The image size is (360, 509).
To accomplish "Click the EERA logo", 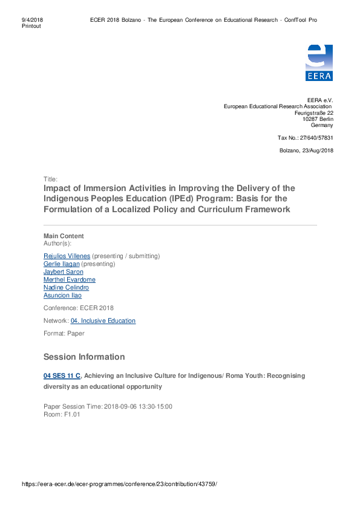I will tap(318, 62).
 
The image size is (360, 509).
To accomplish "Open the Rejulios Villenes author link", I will tap(67, 256).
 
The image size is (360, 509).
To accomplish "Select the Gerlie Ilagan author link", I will tap(62, 264).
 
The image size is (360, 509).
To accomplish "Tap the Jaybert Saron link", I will tap(64, 272).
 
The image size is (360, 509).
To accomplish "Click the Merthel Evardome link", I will tap(69, 280).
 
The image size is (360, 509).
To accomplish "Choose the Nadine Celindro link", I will tap(66, 288).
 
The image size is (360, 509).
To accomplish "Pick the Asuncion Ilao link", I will tap(62, 296).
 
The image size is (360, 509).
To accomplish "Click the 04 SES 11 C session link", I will tap(62, 376).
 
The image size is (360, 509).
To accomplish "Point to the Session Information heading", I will tap(84, 357).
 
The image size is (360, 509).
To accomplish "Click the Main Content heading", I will tap(64, 236).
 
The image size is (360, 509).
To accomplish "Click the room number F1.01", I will tap(72, 415).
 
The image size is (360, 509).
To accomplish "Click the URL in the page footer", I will tap(119, 485).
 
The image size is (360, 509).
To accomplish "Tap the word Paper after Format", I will tap(76, 333).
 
